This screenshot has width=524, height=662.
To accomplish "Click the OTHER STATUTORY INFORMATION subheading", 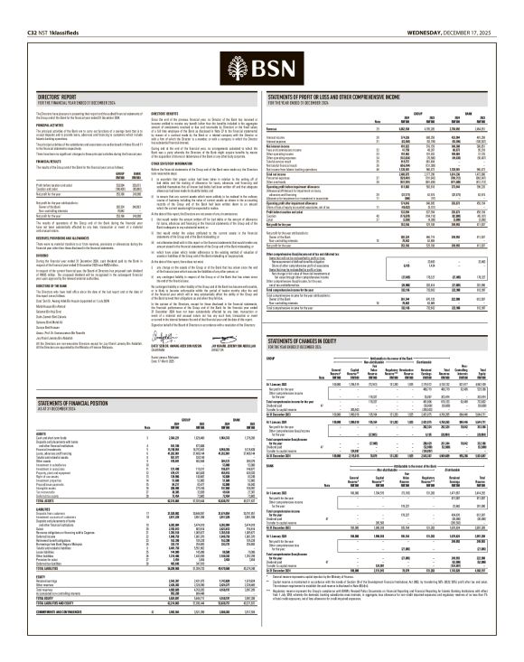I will click(x=174, y=163).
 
